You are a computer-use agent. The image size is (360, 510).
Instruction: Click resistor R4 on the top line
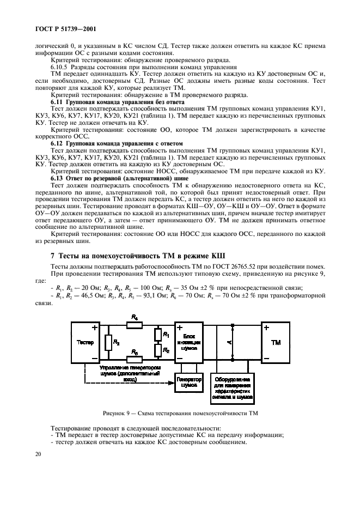135,325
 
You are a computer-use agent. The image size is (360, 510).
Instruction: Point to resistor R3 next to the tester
109,342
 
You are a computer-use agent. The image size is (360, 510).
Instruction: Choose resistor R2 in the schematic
158,350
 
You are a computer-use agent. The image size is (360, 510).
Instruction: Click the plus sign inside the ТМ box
266,328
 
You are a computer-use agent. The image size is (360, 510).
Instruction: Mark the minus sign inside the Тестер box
95,357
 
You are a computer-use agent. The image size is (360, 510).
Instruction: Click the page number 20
38,453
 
